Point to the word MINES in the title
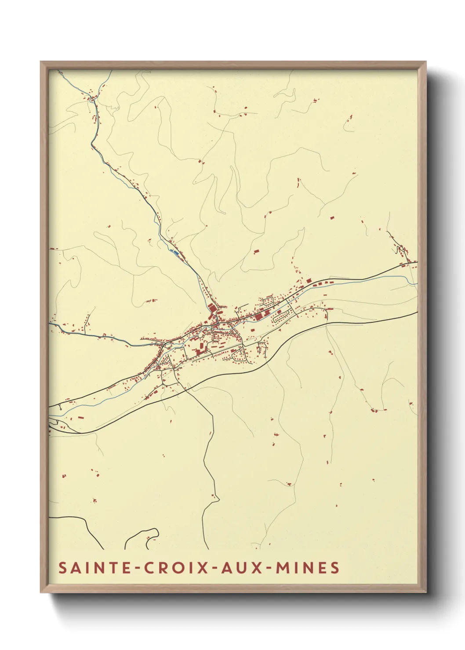[x=307, y=567]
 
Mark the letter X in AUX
[x=254, y=567]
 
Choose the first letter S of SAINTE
[x=63, y=567]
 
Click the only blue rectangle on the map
[x=175, y=253]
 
